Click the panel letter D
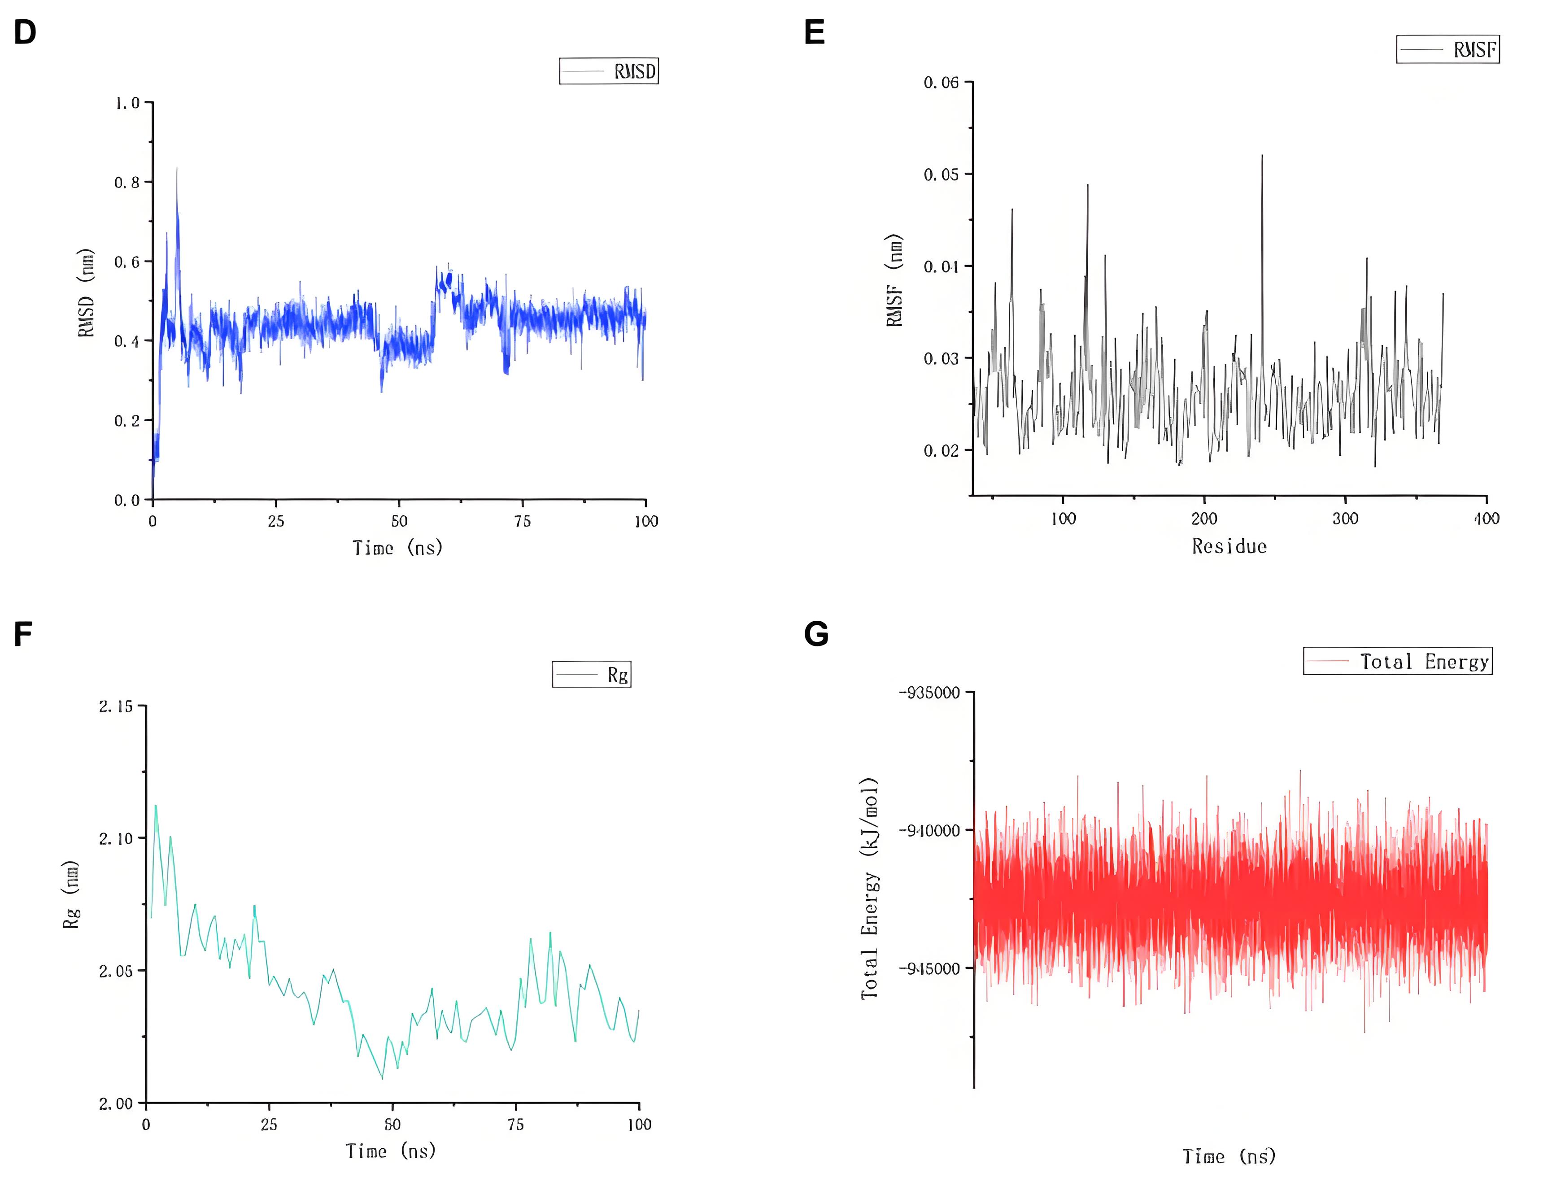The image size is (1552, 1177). [x=25, y=33]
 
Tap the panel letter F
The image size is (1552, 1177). [x=23, y=634]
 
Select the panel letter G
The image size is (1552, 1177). [x=816, y=634]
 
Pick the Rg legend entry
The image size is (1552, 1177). [x=592, y=675]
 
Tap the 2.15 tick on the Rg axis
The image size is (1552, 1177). [x=115, y=706]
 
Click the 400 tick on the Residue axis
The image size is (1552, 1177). [x=1486, y=519]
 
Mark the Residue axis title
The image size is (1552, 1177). [x=1229, y=546]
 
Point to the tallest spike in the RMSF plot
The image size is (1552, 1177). [x=1262, y=156]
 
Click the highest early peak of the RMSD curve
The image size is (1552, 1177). [x=177, y=168]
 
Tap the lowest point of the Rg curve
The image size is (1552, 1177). [x=382, y=1078]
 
